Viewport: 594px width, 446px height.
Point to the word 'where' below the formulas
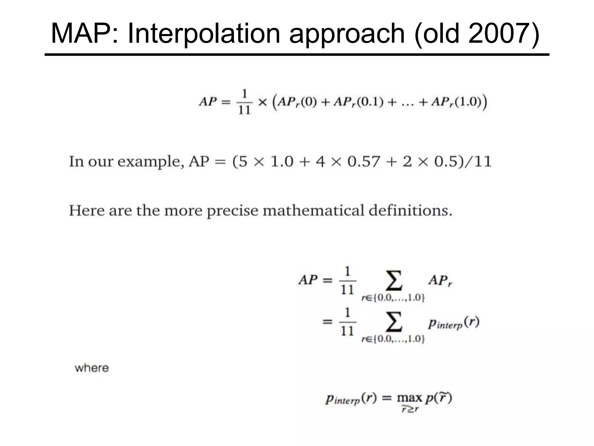(x=92, y=368)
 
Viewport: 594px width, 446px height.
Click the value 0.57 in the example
(x=364, y=161)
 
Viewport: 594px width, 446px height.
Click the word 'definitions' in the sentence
(x=410, y=210)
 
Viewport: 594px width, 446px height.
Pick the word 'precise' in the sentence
(x=232, y=211)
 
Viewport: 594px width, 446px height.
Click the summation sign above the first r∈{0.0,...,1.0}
(x=394, y=280)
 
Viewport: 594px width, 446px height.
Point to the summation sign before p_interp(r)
(x=394, y=322)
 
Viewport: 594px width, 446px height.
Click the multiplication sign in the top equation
(x=262, y=102)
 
